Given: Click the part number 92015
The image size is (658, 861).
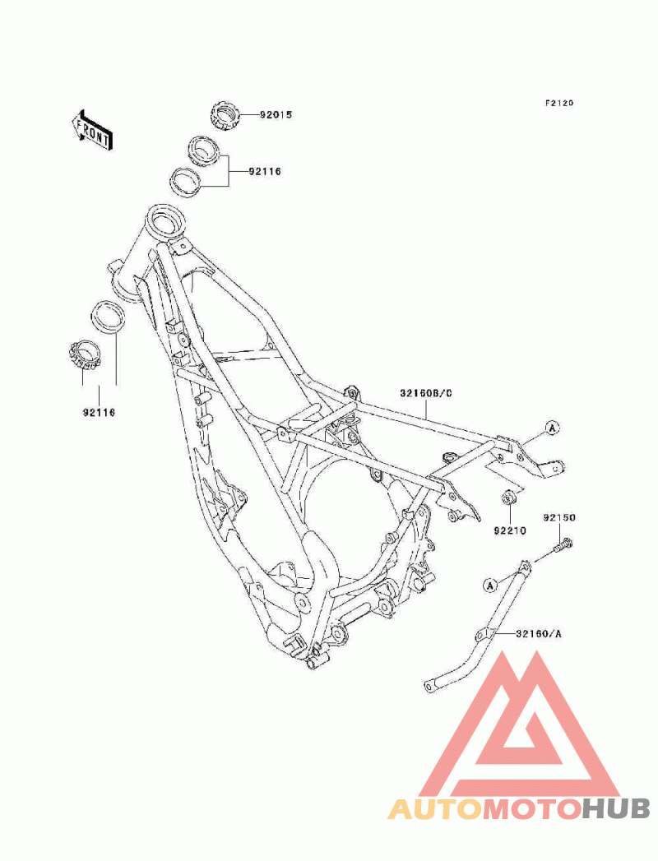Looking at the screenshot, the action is [x=276, y=115].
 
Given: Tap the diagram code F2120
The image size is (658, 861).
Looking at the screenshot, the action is [x=558, y=103].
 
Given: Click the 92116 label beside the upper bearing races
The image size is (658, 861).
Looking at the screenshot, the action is [x=265, y=171].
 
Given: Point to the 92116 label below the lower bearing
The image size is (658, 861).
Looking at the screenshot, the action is [x=100, y=412].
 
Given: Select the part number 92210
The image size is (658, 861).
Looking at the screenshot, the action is [x=510, y=530].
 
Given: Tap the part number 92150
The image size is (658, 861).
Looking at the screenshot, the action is [x=559, y=517].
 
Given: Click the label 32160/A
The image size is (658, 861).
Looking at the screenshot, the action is [x=539, y=634].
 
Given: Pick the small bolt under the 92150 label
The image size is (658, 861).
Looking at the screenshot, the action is [x=563, y=546].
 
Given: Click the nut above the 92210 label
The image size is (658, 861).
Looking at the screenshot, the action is [x=508, y=498].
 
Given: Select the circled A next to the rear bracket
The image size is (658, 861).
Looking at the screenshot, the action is [x=553, y=427].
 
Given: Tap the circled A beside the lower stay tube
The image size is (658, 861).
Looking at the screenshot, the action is [x=490, y=586].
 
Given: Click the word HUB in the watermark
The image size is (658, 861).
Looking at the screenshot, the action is [x=615, y=809].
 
